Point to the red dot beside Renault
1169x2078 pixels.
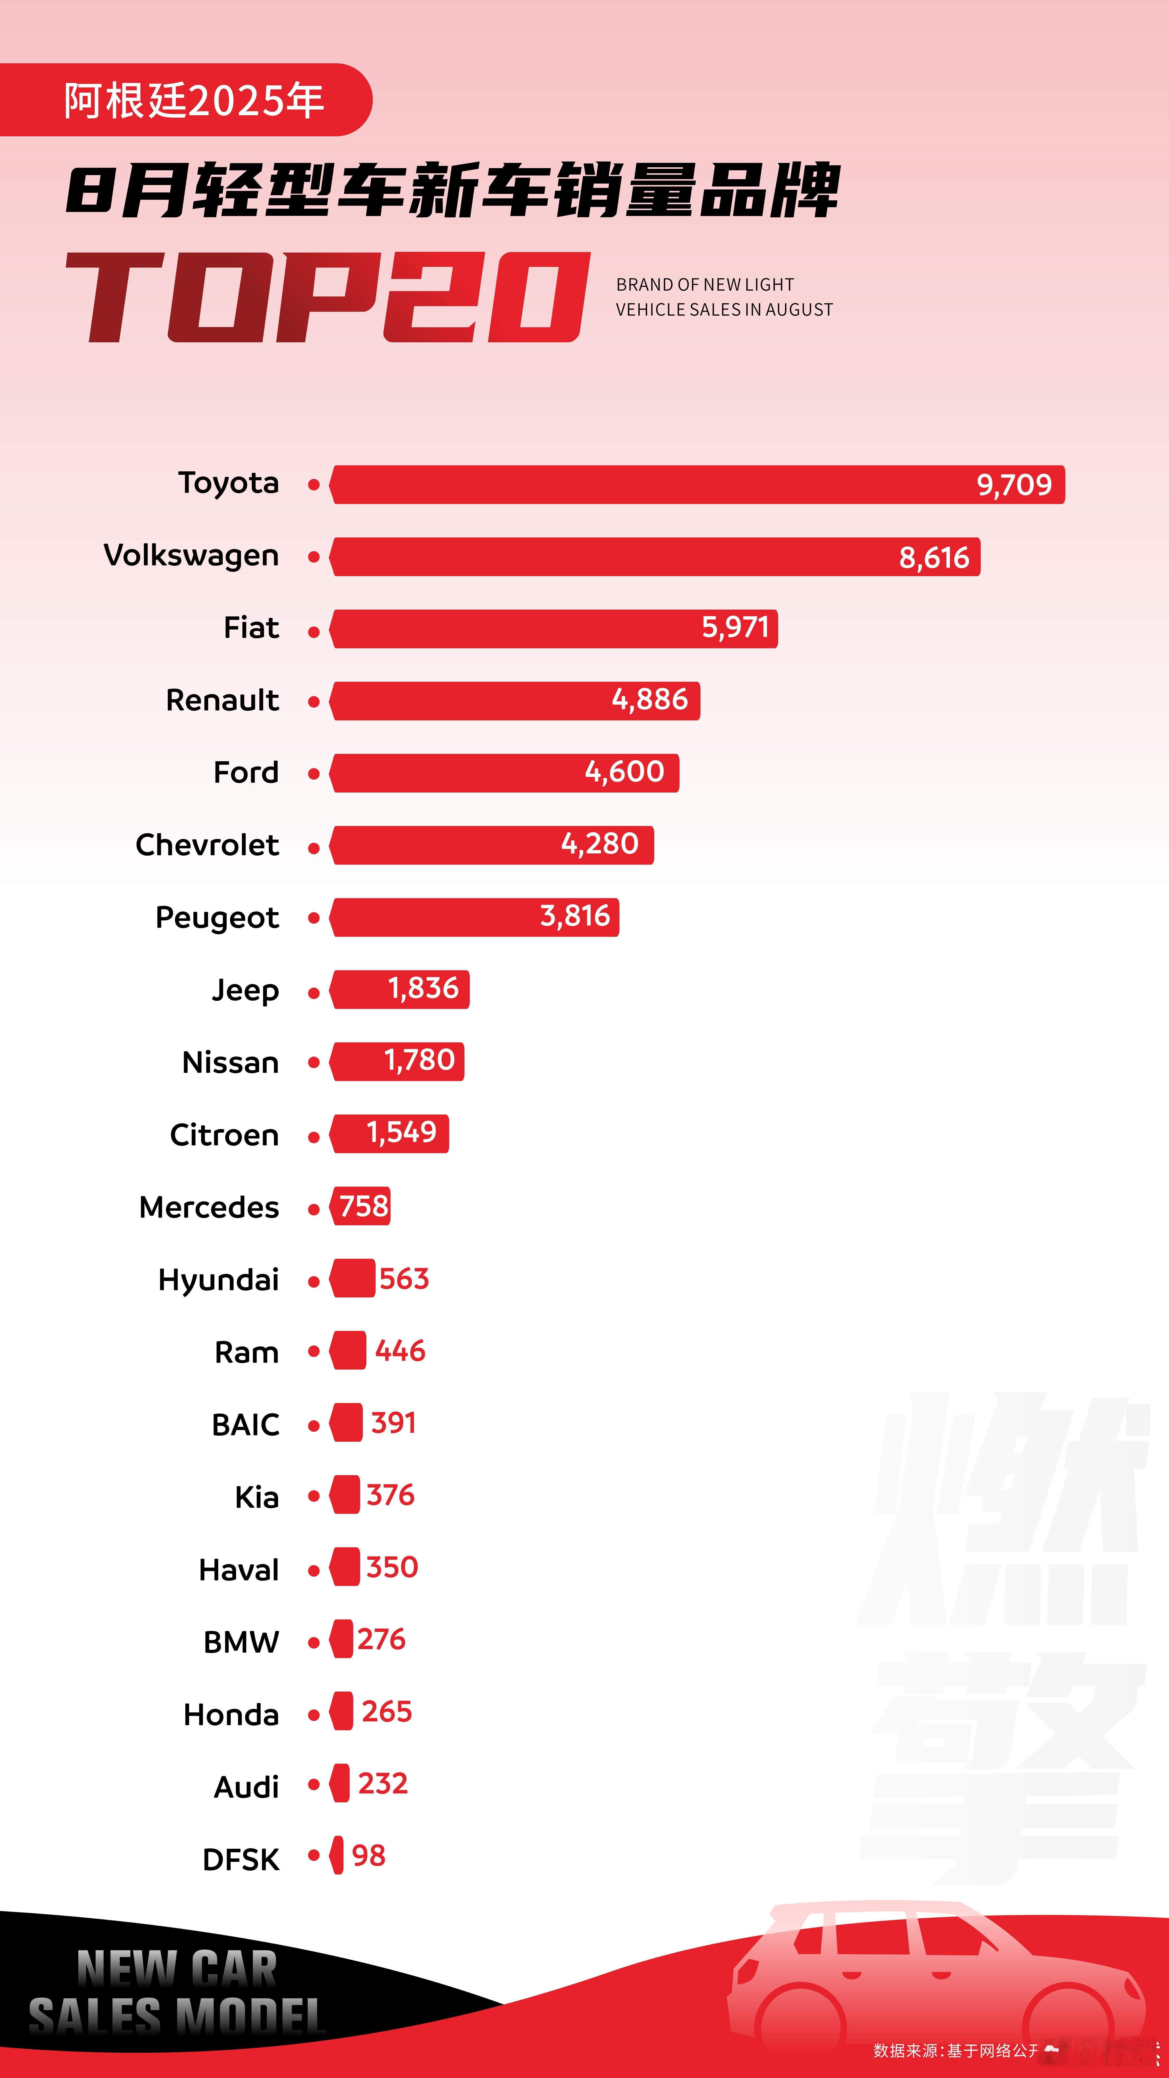coord(314,702)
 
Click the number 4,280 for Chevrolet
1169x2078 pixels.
coord(600,844)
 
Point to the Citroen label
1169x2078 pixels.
coord(224,1135)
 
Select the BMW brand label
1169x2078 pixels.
coord(241,1642)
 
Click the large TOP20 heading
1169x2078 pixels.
coord(327,297)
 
